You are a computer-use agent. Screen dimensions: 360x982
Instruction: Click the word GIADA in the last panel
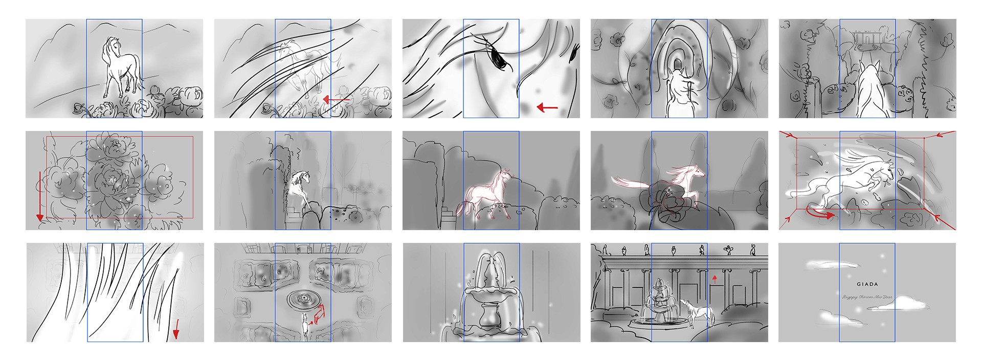pyautogui.click(x=867, y=284)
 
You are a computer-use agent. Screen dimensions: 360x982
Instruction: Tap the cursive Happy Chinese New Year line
pyautogui.click(x=867, y=297)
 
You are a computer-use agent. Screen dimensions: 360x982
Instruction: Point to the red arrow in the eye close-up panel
pyautogui.click(x=547, y=107)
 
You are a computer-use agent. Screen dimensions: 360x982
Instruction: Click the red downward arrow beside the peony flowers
pyautogui.click(x=39, y=197)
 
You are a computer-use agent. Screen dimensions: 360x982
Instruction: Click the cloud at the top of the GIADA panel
pyautogui.click(x=829, y=265)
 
